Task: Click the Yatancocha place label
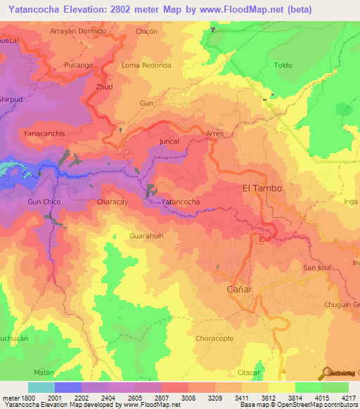coord(181,202)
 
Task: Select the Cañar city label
coord(239,290)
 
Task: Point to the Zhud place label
coord(103,87)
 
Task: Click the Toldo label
coord(283,65)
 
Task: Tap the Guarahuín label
coord(146,236)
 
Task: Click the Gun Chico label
coord(44,202)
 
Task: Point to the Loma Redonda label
coord(146,65)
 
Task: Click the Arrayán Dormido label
coord(79,32)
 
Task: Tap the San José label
coord(316,268)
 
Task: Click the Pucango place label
coord(79,65)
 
